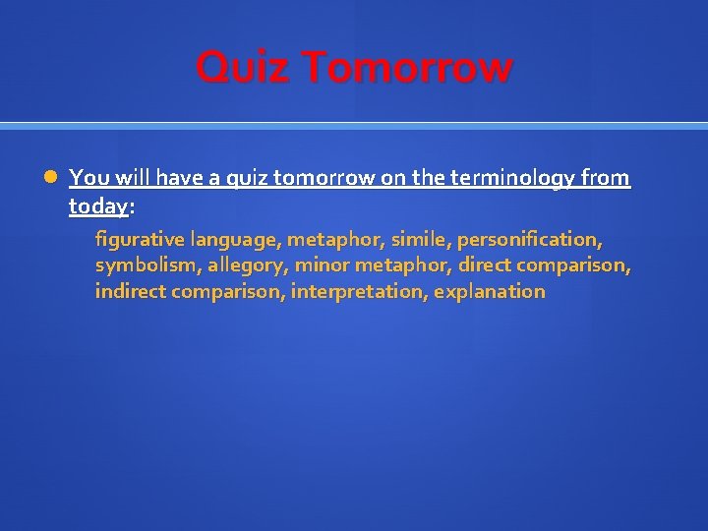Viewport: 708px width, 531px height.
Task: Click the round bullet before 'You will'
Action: (x=51, y=178)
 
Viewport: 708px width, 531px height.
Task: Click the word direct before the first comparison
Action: (x=484, y=265)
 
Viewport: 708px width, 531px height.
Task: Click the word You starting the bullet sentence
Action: (x=88, y=178)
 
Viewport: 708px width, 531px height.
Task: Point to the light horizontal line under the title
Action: (x=354, y=126)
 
